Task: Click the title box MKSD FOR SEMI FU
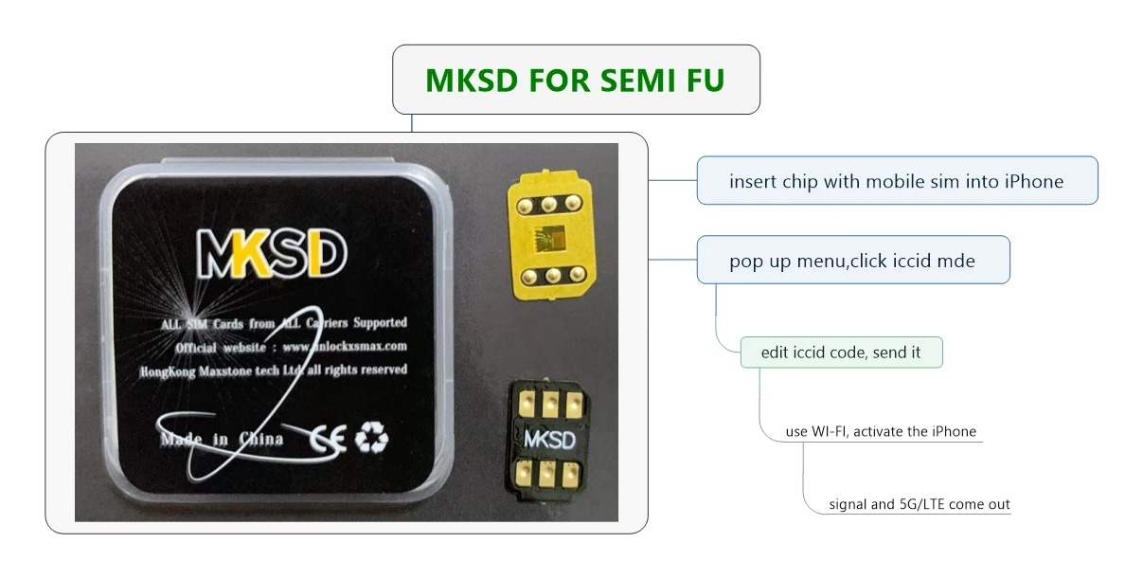tap(576, 80)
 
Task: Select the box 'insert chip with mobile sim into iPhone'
tap(897, 180)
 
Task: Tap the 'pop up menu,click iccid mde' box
tap(853, 260)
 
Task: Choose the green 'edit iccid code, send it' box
tap(842, 353)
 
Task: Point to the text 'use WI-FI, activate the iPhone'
tap(881, 431)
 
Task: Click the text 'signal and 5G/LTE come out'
tap(919, 504)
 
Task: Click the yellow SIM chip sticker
tap(551, 235)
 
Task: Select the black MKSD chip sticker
tap(548, 439)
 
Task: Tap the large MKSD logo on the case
tap(272, 253)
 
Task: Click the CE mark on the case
tap(328, 439)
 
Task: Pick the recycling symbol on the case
tap(371, 438)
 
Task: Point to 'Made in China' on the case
tap(222, 439)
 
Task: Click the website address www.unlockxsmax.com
tap(345, 347)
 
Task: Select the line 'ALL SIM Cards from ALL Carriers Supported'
tap(284, 324)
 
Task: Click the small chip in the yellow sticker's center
tap(549, 239)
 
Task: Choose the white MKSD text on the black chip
tap(549, 440)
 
